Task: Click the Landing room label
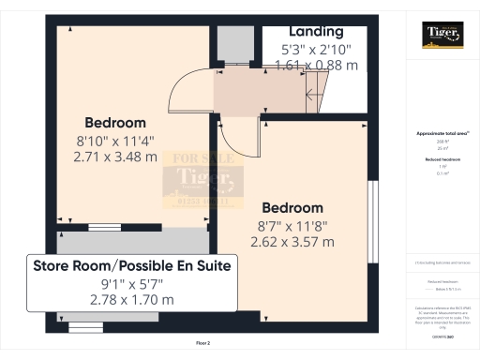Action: click(309, 31)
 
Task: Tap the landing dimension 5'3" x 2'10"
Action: click(308, 49)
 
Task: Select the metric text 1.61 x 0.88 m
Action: click(309, 65)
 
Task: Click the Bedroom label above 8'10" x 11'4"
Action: click(115, 123)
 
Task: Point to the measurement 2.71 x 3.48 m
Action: click(115, 157)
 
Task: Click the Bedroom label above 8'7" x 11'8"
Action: click(292, 207)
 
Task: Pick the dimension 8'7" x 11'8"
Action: click(292, 225)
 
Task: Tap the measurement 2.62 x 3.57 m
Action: click(292, 241)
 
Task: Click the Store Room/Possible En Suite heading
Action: click(131, 265)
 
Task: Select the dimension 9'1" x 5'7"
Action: click(131, 283)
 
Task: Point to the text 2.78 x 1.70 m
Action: click(131, 299)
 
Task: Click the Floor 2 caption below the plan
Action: click(202, 344)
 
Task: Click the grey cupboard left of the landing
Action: click(230, 44)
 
